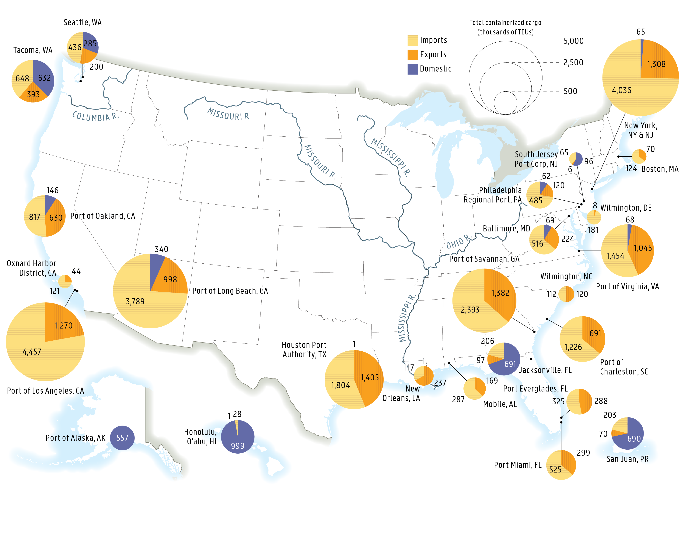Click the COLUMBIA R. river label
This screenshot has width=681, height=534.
coord(95,116)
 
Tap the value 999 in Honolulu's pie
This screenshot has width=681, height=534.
coord(238,445)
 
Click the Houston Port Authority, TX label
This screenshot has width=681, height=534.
coord(304,350)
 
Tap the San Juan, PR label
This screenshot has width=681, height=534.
coord(627,459)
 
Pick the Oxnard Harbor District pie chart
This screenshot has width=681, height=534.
coord(65,281)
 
